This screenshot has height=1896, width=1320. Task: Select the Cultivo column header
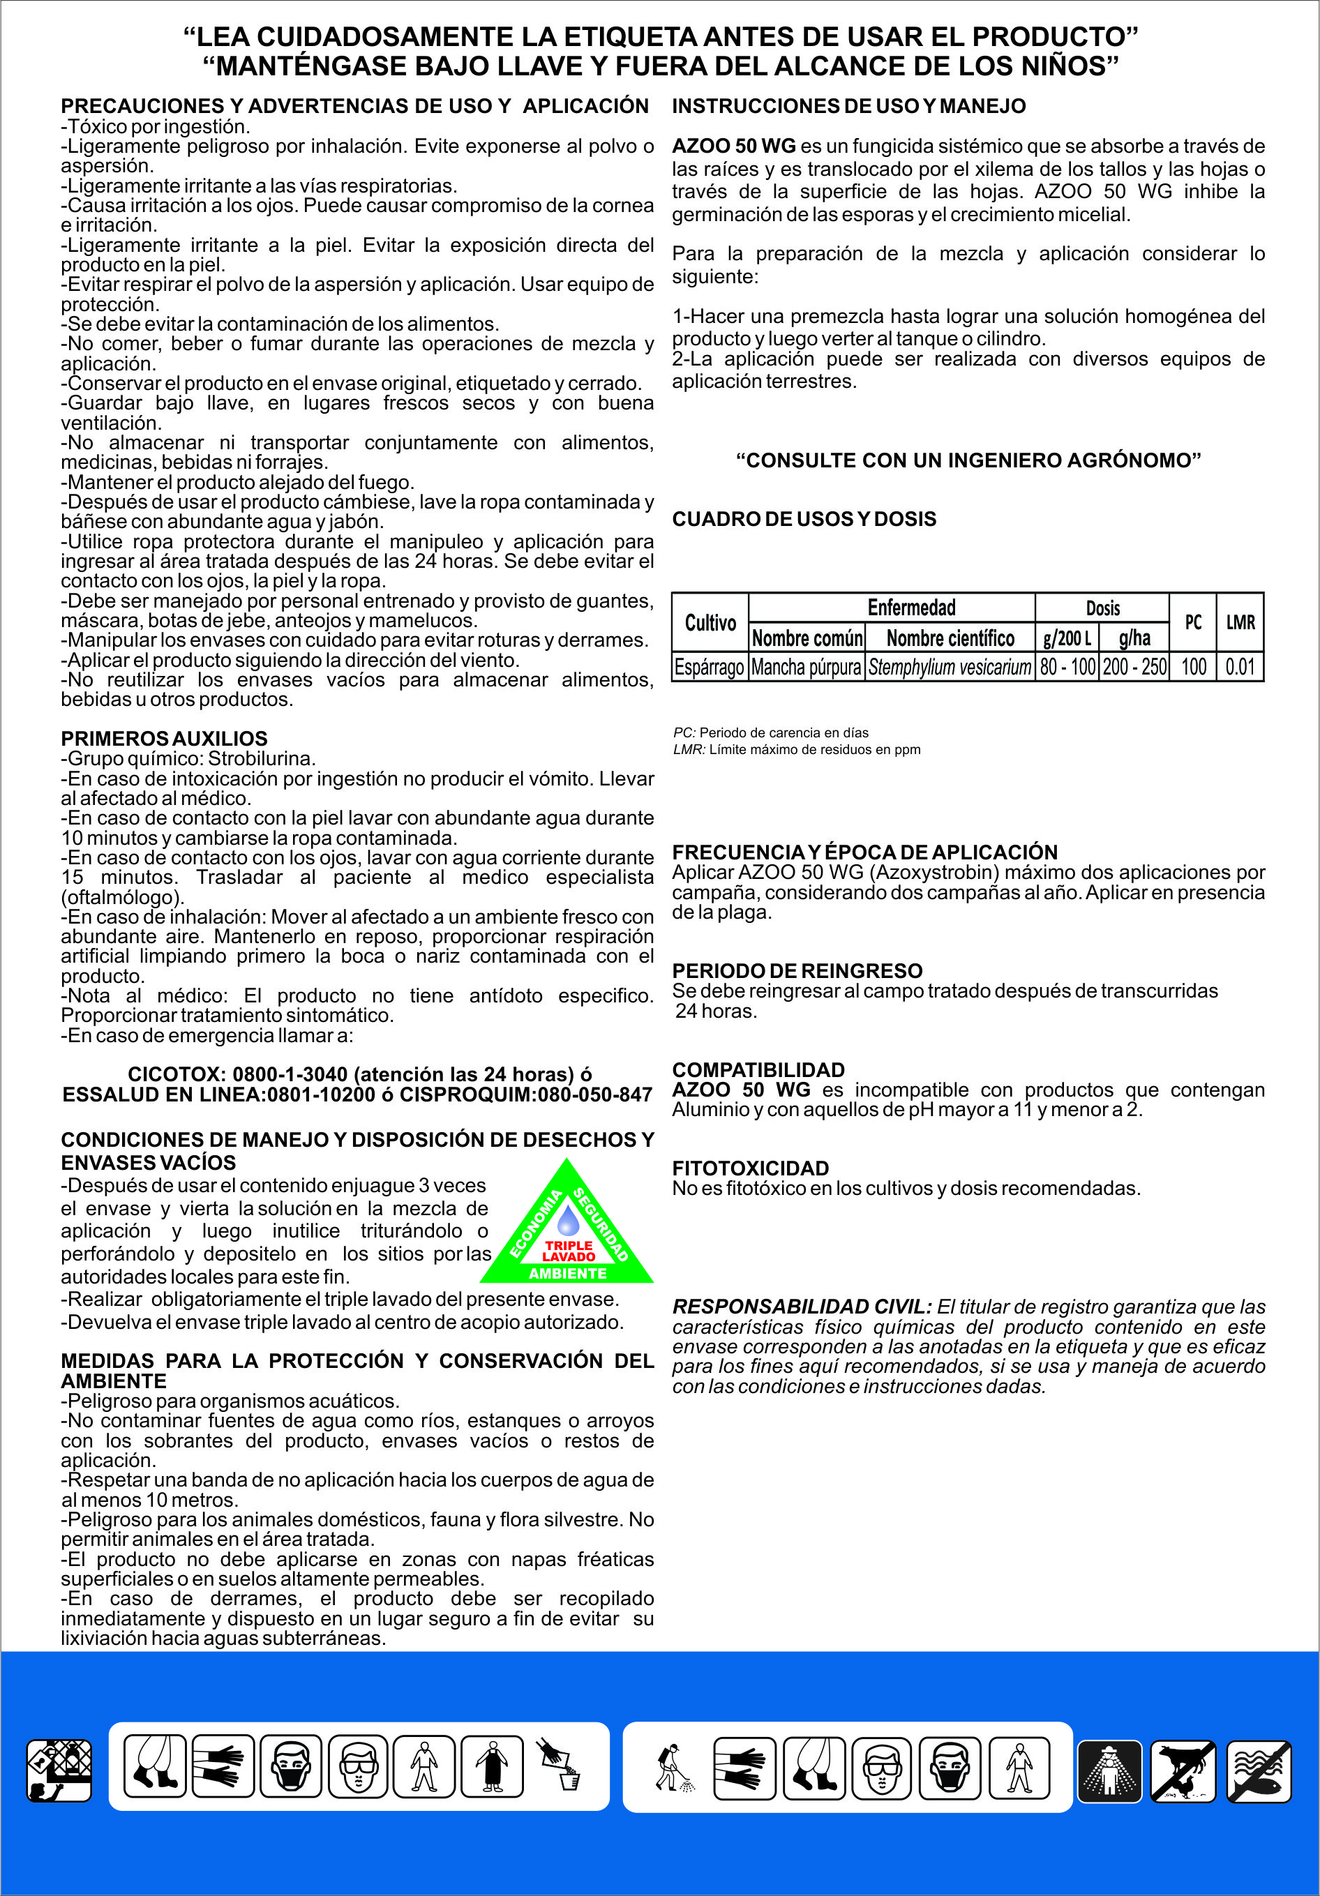[x=710, y=623]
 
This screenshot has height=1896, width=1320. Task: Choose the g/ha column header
[x=1134, y=638]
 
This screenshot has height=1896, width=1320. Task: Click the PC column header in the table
[x=1193, y=623]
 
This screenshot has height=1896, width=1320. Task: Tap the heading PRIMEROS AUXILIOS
[x=165, y=738]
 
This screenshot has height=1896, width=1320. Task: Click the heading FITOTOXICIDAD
[x=750, y=1168]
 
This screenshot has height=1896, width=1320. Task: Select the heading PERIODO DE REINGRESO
[x=797, y=970]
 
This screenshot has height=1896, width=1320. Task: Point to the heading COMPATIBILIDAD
[x=758, y=1069]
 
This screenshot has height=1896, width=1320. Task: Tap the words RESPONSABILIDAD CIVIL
[x=801, y=1307]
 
